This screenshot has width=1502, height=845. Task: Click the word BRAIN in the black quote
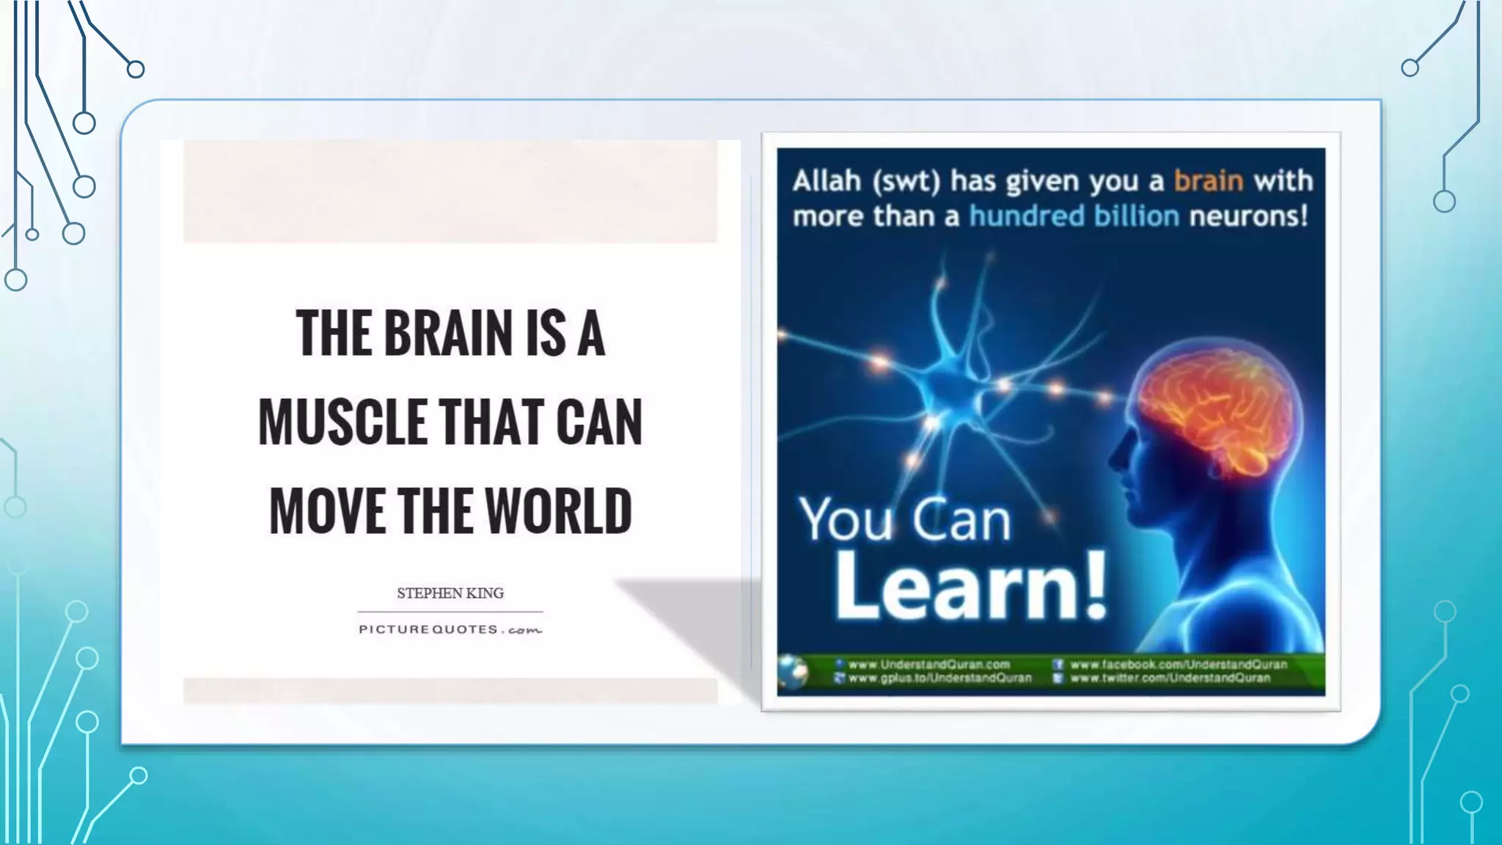(447, 334)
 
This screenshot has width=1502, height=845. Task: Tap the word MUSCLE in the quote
(342, 422)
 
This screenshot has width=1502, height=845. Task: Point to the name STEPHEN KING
(450, 593)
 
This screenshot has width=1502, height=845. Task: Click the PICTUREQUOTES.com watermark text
(450, 629)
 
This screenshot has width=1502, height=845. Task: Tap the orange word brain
(1208, 180)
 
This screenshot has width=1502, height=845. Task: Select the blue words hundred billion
(1074, 216)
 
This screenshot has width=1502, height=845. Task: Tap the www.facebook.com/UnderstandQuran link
(1178, 665)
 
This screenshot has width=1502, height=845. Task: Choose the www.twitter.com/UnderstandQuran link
(1170, 678)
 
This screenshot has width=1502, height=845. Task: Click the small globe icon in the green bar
(793, 671)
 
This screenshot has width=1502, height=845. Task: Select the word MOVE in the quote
(327, 511)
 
